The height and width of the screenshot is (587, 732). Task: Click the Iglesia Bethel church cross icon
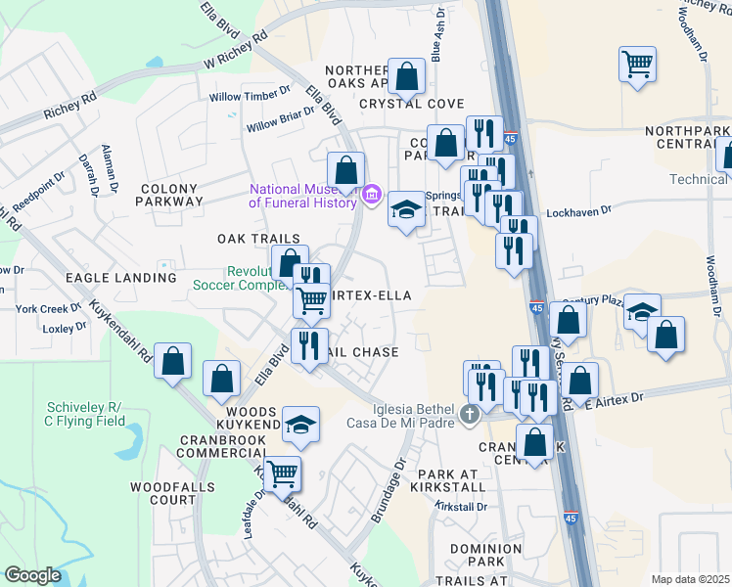(x=471, y=415)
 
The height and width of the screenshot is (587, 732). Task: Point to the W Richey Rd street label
(x=235, y=53)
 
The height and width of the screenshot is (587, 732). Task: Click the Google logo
(x=33, y=575)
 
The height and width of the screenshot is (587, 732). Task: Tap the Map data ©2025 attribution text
(x=690, y=579)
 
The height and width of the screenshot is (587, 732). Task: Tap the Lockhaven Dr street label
(x=577, y=210)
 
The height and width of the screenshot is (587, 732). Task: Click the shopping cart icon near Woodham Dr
(x=637, y=66)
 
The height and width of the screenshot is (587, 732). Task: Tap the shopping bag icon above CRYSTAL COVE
(x=405, y=75)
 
